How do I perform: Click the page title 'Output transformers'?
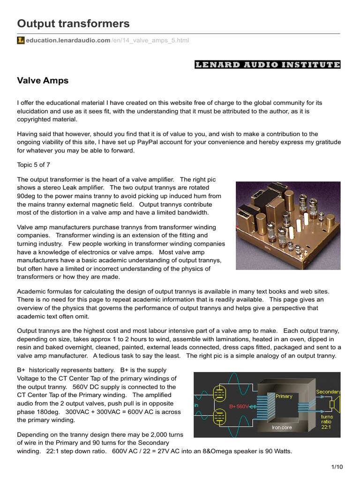73,23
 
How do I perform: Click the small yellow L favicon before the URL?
21,41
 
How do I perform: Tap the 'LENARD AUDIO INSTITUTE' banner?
267,65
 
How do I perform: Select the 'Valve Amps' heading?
43,81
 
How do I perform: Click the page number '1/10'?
337,467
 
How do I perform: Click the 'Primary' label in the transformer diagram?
284,396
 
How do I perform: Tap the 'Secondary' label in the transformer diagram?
328,391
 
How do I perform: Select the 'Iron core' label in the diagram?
282,427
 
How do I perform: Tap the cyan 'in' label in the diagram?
196,405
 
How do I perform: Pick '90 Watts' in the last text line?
277,451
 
